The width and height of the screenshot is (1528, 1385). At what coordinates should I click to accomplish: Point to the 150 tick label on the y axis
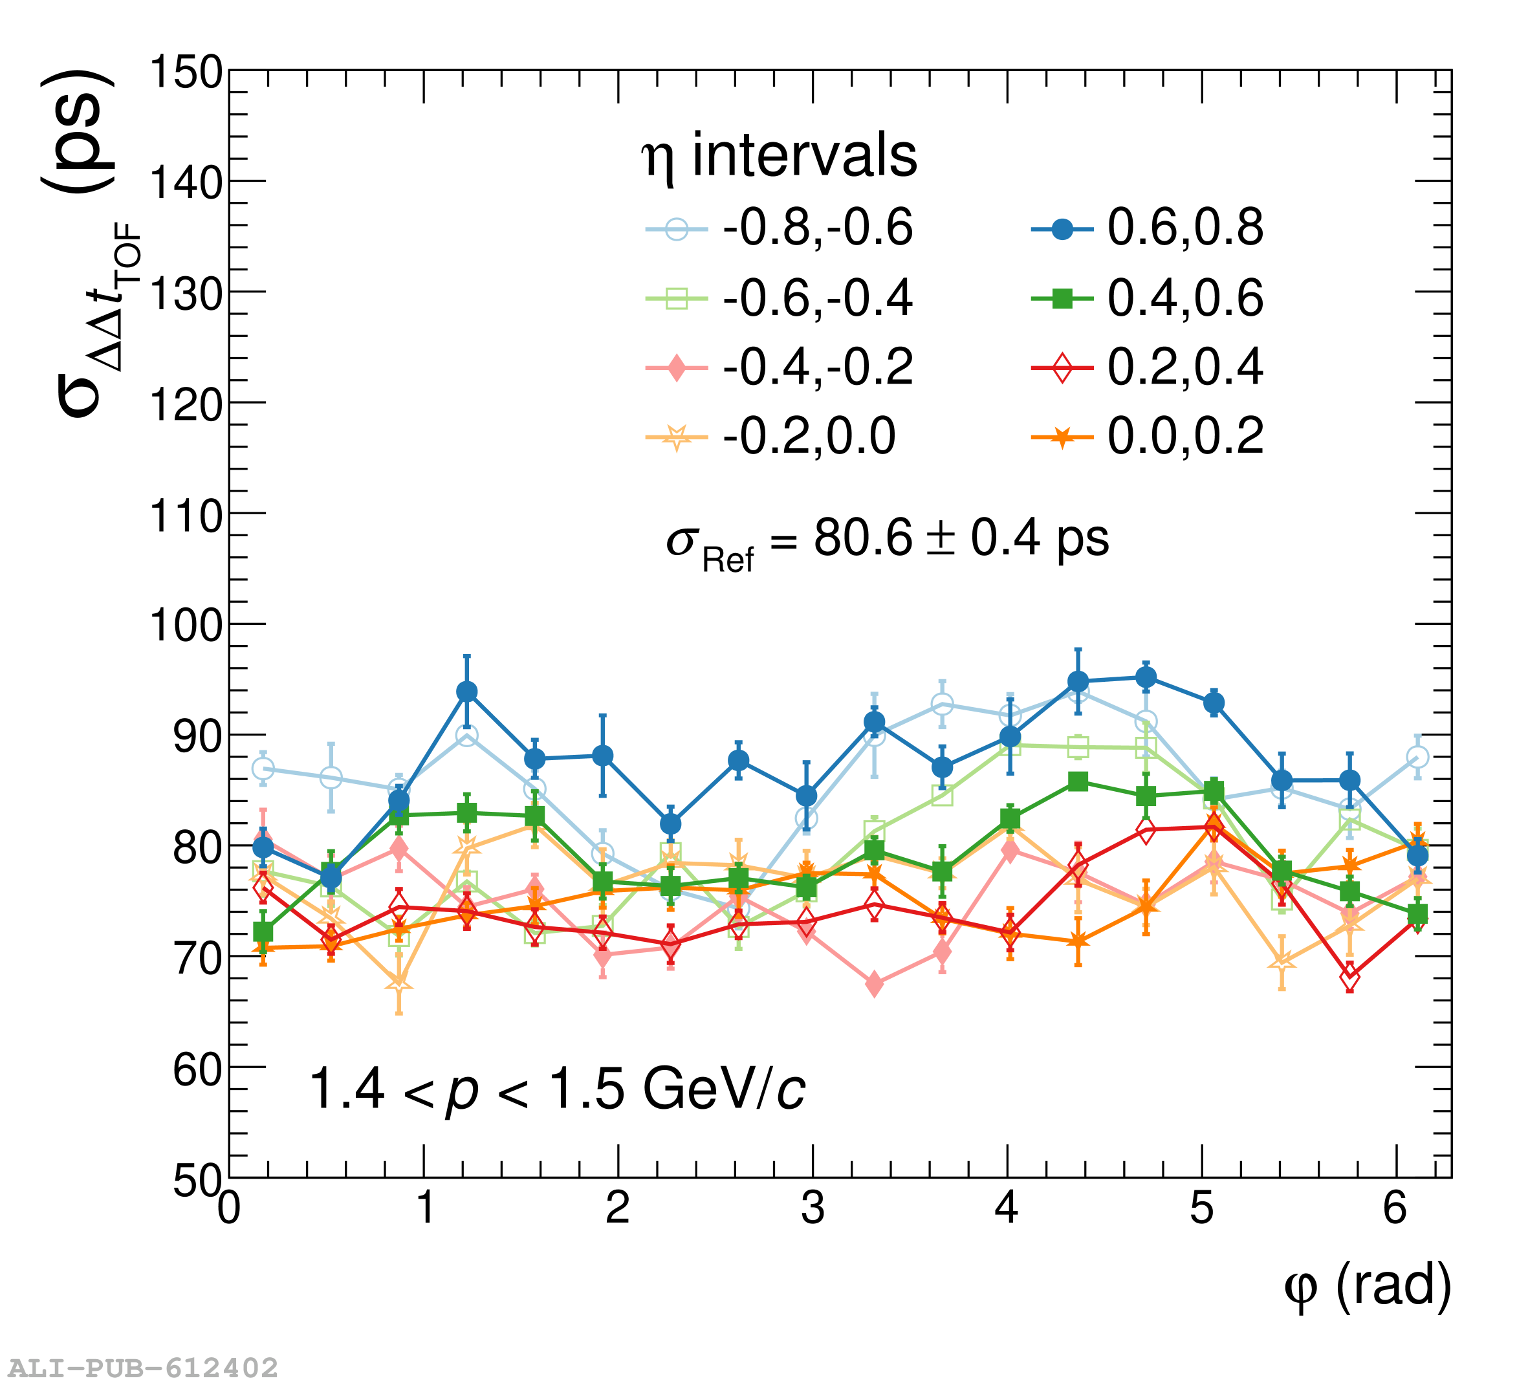(186, 74)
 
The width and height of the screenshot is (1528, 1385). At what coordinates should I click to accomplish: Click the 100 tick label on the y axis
(186, 626)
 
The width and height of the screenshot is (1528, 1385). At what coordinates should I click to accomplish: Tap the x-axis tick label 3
(813, 1208)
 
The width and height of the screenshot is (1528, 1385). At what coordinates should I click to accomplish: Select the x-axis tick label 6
(1395, 1208)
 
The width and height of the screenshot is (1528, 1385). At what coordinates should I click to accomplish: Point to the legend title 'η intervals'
(779, 156)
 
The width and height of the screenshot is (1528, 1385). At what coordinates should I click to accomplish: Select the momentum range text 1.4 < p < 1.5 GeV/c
(557, 1090)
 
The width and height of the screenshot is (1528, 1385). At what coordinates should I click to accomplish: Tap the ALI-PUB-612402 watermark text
(143, 1368)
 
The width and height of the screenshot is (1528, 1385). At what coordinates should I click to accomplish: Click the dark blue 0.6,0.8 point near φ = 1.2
(467, 692)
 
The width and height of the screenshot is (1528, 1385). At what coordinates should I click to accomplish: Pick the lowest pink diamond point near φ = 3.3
(874, 985)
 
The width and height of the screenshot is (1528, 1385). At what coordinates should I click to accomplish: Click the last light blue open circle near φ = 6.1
(1417, 758)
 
